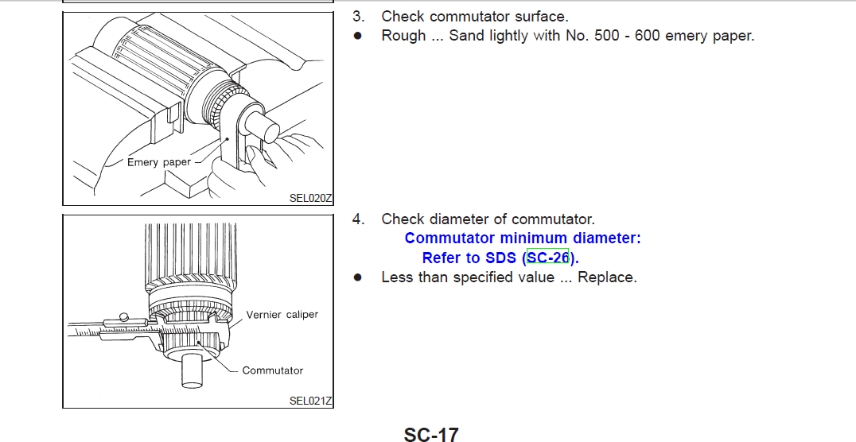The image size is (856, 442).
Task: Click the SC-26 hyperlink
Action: pos(547,257)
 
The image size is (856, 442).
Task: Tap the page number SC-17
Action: pos(431,435)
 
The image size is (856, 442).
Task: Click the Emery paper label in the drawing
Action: pos(159,162)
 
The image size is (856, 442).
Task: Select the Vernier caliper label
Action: pos(282,314)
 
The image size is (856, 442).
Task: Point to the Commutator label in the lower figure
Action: pos(272,370)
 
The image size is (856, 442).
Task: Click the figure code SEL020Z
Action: pos(310,198)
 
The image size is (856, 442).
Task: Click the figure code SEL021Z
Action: pos(310,401)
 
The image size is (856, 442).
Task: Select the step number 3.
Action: pos(358,17)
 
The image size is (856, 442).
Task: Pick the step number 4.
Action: pos(358,219)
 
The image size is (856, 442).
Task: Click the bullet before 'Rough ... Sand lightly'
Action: pos(357,36)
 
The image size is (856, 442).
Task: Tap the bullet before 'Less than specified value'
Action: pos(357,277)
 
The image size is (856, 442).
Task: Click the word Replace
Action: pos(606,277)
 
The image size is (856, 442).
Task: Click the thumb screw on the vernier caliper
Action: pos(124,317)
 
